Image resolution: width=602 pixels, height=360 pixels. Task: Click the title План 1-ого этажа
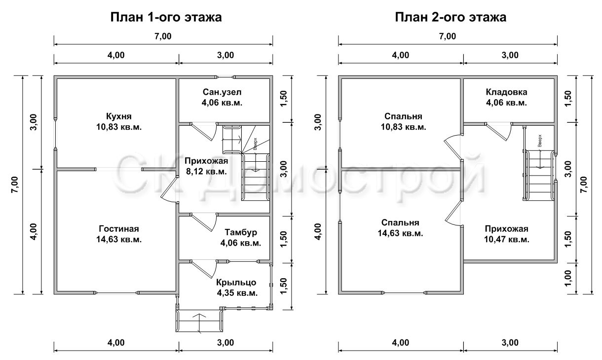coord(166,17)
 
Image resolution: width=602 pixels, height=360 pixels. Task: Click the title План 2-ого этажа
coord(451,17)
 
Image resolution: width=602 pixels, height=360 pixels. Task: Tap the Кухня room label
coord(119,116)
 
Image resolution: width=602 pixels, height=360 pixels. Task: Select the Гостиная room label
coord(119,229)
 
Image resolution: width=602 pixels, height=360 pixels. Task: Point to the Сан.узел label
coord(222,92)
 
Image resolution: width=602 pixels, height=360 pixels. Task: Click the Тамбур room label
coord(241,232)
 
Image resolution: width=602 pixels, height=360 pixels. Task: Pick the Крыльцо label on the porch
coord(236,283)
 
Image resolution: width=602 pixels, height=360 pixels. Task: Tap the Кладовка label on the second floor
coord(506,92)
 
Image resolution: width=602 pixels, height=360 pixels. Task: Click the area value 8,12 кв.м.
coord(206,172)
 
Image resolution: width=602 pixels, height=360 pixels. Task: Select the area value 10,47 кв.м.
coord(507,239)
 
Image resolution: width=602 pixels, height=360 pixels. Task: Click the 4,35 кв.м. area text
coord(237,293)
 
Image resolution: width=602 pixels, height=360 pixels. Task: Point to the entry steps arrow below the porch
coord(199,323)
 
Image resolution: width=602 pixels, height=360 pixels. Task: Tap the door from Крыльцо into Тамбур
coord(203,269)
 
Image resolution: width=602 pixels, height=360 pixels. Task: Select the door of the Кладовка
coord(498,132)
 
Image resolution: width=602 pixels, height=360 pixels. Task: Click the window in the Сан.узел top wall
coord(225,77)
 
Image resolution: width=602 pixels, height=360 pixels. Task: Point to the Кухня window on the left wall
coord(55,133)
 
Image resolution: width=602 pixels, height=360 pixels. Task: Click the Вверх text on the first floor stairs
coord(255,144)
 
